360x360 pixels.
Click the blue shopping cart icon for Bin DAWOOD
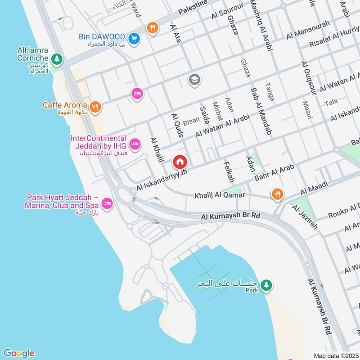134,39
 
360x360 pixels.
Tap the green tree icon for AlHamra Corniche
56,58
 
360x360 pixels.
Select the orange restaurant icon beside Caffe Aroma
94,107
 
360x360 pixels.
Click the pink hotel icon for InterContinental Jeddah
134,144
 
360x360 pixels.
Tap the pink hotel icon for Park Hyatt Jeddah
107,203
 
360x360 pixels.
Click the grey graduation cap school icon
195,80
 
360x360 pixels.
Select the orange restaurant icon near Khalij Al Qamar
277,194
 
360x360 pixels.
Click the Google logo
18,353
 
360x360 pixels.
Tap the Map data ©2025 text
335,355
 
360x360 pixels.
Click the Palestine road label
193,8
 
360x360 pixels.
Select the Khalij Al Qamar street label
220,195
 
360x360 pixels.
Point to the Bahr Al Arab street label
274,173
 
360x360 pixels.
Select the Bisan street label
191,121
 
